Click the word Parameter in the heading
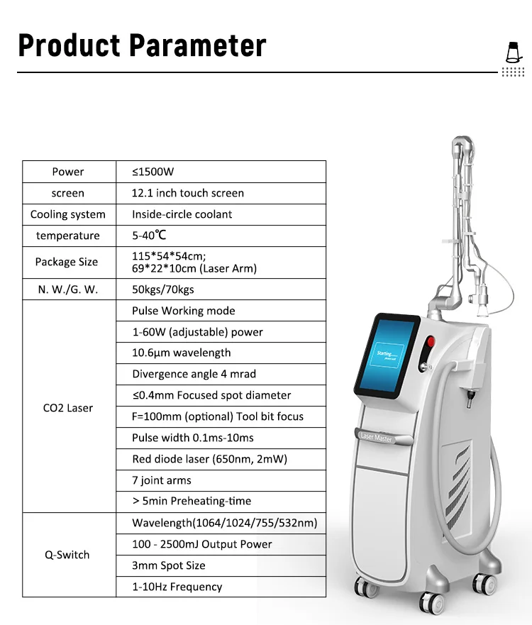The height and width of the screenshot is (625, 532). pyautogui.click(x=197, y=45)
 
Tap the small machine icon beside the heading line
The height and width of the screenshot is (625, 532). pyautogui.click(x=514, y=52)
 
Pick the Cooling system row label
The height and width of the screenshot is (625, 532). pyautogui.click(x=68, y=214)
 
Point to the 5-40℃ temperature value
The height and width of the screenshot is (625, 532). pyautogui.click(x=149, y=235)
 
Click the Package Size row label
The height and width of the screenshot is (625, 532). pyautogui.click(x=67, y=262)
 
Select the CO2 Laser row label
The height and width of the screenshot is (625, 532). pyautogui.click(x=68, y=408)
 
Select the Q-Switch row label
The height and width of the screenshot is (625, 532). pyautogui.click(x=67, y=555)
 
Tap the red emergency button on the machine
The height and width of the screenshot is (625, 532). pyautogui.click(x=430, y=342)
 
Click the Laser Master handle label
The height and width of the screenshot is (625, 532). pyautogui.click(x=377, y=437)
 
